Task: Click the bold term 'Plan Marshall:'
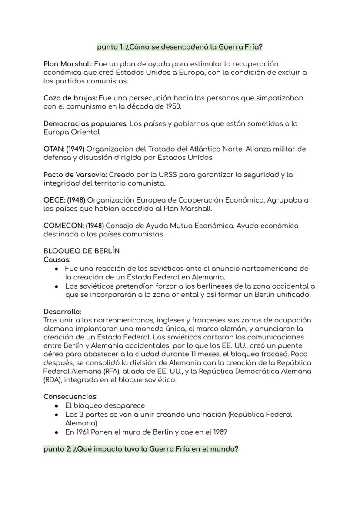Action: click(x=68, y=64)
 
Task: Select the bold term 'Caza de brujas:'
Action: click(x=70, y=98)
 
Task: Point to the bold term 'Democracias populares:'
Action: click(x=86, y=124)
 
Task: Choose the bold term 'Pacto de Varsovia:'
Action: click(x=75, y=175)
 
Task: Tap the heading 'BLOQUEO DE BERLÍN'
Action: click(x=81, y=251)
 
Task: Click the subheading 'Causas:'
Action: click(x=57, y=259)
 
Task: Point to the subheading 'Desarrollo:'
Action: click(x=62, y=312)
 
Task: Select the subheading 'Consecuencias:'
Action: click(x=70, y=397)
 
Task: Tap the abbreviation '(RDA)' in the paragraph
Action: click(x=52, y=380)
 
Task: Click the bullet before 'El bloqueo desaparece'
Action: click(x=57, y=405)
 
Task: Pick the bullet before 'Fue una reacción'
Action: click(x=57, y=269)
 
